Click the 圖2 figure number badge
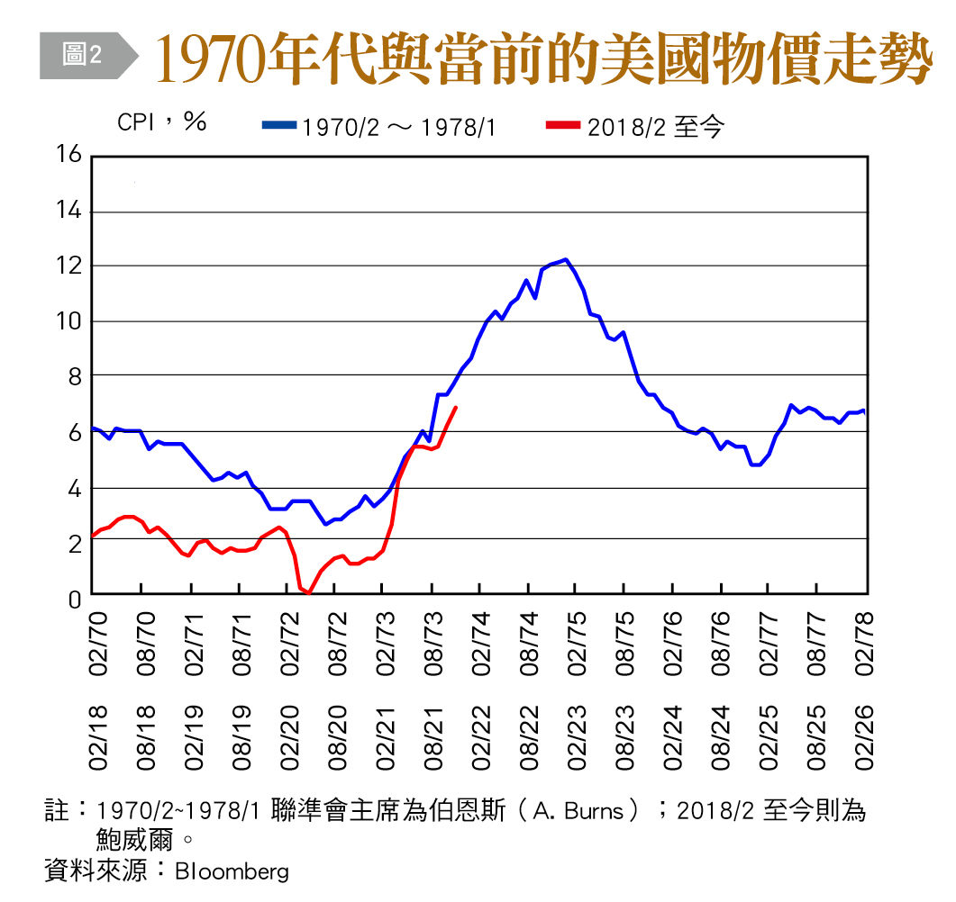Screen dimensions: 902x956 [x=82, y=56]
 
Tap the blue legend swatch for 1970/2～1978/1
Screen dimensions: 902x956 [x=278, y=126]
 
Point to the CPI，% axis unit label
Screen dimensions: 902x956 [x=162, y=122]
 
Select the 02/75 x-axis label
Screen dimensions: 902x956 [x=577, y=644]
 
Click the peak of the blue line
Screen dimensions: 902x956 [x=565, y=259]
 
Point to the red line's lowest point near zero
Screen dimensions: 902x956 [x=308, y=592]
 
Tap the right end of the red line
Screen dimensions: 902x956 [x=456, y=408]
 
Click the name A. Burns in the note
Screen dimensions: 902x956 [x=578, y=810]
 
